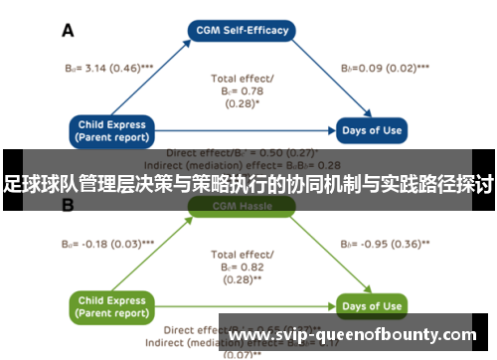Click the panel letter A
(69, 31)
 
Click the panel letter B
(69, 207)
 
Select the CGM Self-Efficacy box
(243, 30)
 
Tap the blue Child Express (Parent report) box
(110, 130)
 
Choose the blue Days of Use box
(372, 131)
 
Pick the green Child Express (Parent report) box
(110, 305)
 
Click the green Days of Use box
(372, 305)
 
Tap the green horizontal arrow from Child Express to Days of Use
(248, 305)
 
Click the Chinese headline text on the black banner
(248, 184)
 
